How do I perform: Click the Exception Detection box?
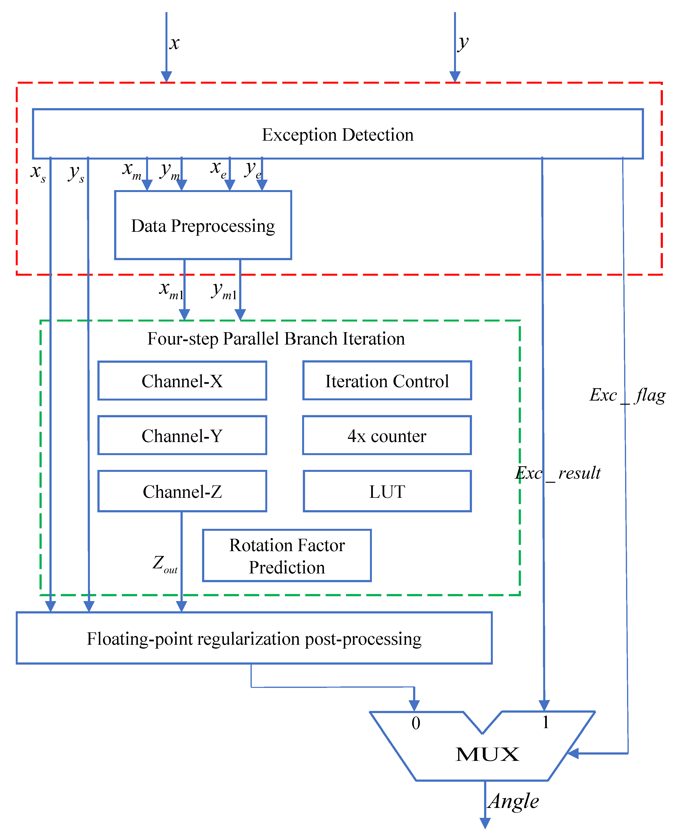coord(337,134)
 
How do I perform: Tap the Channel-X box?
coord(182,381)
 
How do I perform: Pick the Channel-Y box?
coord(182,435)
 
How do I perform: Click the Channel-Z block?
coord(182,491)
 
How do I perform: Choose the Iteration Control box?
coord(387,381)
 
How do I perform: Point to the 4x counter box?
coord(387,435)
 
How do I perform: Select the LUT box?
coord(387,491)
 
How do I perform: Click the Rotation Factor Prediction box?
coord(287,556)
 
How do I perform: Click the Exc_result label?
coord(558,473)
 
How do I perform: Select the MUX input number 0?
coord(416,723)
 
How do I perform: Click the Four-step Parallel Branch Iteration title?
coord(276,338)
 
